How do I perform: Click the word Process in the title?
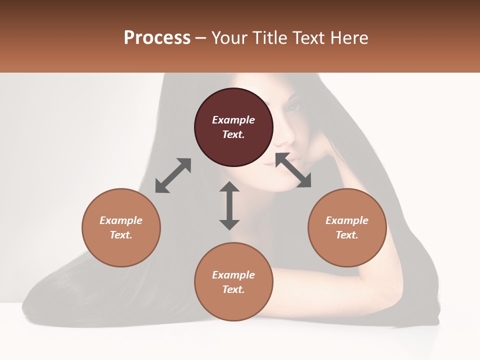[157, 38]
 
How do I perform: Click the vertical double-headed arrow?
[229, 205]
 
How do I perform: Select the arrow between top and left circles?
[173, 175]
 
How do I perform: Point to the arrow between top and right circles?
[293, 170]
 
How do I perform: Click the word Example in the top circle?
[233, 120]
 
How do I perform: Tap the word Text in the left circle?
[121, 235]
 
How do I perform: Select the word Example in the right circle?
[347, 220]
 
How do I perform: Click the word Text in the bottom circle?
[233, 289]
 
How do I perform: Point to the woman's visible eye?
[292, 106]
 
